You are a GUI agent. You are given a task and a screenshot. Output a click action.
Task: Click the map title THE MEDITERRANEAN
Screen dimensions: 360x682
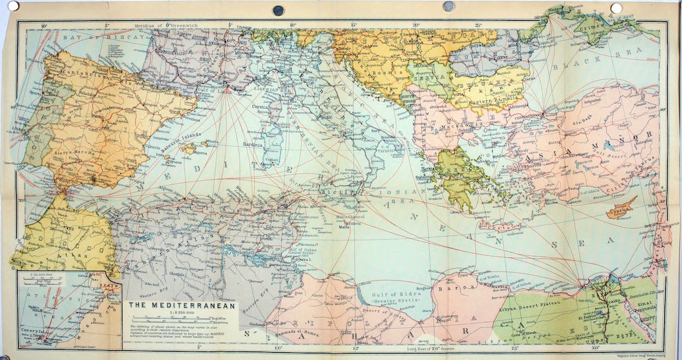pyautogui.click(x=182, y=304)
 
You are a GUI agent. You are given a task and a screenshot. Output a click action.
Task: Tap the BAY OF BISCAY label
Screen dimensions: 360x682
pyautogui.click(x=91, y=38)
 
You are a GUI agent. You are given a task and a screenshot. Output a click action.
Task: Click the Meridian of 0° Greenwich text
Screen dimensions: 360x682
pyautogui.click(x=166, y=25)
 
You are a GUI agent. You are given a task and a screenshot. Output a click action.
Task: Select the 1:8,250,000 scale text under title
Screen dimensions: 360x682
pyautogui.click(x=182, y=312)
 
